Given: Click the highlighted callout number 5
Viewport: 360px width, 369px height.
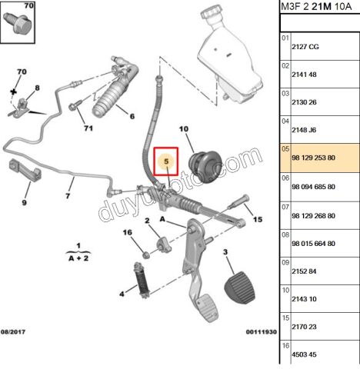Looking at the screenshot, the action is pyautogui.click(x=166, y=161).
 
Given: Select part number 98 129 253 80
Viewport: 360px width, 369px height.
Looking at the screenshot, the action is pyautogui.click(x=313, y=158).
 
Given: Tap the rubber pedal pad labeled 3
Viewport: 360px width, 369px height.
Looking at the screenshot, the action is pyautogui.click(x=240, y=288).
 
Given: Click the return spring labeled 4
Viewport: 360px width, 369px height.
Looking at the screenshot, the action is pyautogui.click(x=142, y=280).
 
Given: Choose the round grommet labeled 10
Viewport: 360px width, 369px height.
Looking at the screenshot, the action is pyautogui.click(x=205, y=166).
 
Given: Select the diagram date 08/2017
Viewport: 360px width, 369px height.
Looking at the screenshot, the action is pyautogui.click(x=13, y=332).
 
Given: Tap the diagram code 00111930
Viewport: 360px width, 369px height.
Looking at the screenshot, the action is pyautogui.click(x=262, y=332).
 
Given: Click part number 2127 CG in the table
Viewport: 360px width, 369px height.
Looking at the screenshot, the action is pyautogui.click(x=305, y=47).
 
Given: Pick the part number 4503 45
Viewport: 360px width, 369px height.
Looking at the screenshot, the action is pyautogui.click(x=304, y=354).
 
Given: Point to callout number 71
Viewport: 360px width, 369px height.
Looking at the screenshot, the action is pyautogui.click(x=88, y=128).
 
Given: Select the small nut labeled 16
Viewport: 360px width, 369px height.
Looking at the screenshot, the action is pyautogui.click(x=146, y=254).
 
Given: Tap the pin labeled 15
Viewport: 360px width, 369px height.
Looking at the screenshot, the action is pyautogui.click(x=238, y=201).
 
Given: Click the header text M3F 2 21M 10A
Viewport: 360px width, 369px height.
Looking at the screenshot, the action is pyautogui.click(x=316, y=6).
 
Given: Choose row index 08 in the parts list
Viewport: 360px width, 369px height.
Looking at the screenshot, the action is pyautogui.click(x=285, y=235).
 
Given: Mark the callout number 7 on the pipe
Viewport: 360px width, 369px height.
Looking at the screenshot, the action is pyautogui.click(x=68, y=196).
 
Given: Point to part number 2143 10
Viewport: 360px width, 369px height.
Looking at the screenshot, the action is pyautogui.click(x=304, y=299).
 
